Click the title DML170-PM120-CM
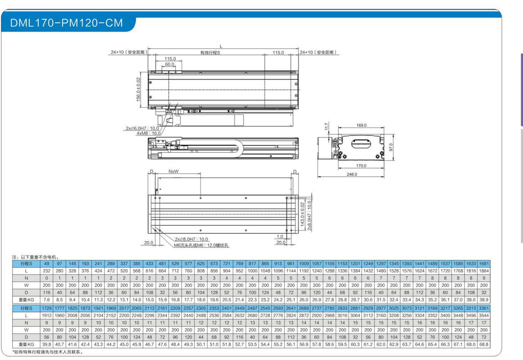click(66, 23)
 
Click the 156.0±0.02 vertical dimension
click(138, 89)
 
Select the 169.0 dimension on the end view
click(361, 125)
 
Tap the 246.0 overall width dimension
click(352, 174)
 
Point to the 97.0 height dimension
click(391, 147)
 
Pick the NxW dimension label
click(174, 171)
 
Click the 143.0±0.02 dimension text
click(302, 214)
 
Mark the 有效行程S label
click(210, 53)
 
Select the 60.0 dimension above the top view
click(169, 64)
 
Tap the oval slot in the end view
click(361, 144)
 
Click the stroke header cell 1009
click(304, 264)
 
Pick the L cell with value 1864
click(484, 271)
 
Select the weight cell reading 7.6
click(47, 300)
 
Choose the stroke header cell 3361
click(484, 308)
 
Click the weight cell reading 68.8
click(484, 344)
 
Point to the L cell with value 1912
click(47, 315)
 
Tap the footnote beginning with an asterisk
click(48, 352)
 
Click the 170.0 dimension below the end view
click(361, 166)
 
